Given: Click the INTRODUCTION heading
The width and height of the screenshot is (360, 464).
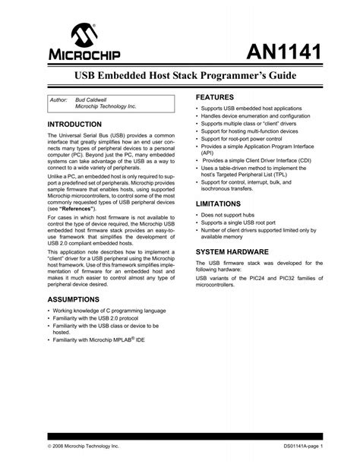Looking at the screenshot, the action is tap(74, 123).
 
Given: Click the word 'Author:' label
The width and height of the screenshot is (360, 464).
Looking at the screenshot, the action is tap(58, 100).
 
